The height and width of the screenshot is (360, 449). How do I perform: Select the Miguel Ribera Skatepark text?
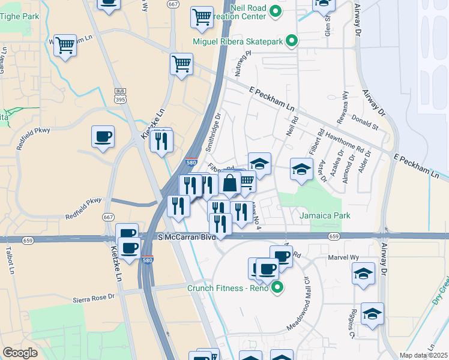[238, 41]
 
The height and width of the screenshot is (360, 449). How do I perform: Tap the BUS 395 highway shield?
[120, 94]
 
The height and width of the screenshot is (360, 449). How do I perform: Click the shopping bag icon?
[230, 184]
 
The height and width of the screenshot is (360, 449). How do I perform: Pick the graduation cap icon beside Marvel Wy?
[363, 274]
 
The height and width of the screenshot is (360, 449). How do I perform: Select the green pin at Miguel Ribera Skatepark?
[291, 41]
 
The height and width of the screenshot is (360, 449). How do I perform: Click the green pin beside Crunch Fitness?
[276, 289]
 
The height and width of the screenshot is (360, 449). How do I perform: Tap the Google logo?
[20, 353]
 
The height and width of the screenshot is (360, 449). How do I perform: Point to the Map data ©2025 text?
[423, 355]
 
